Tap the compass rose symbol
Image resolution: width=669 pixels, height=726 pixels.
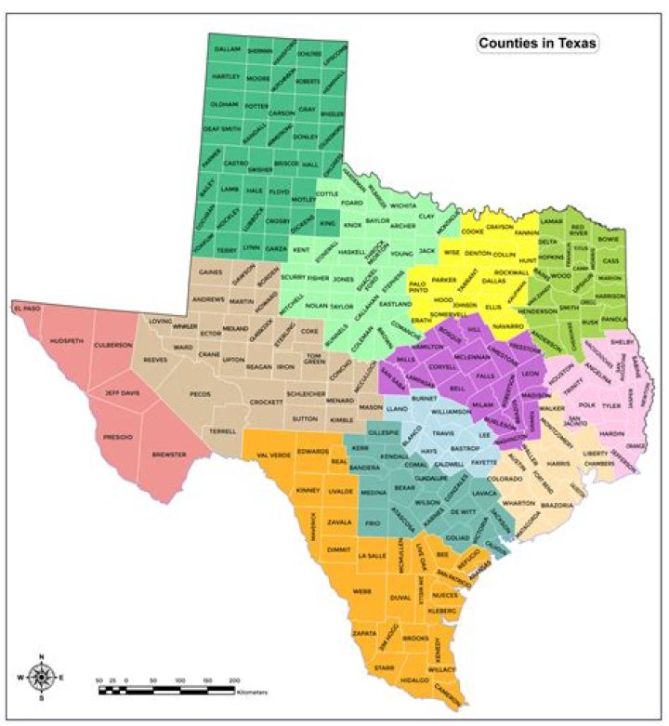pos(41,676)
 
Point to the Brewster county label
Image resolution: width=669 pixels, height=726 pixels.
pos(169,454)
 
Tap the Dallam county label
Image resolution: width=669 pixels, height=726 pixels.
pos(227,48)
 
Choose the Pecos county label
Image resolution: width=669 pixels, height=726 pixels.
pos(200,394)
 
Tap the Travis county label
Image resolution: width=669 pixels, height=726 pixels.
pos(442,433)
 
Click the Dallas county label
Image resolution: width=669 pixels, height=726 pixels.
pos(493,279)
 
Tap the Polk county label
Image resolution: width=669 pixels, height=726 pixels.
pos(586,404)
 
